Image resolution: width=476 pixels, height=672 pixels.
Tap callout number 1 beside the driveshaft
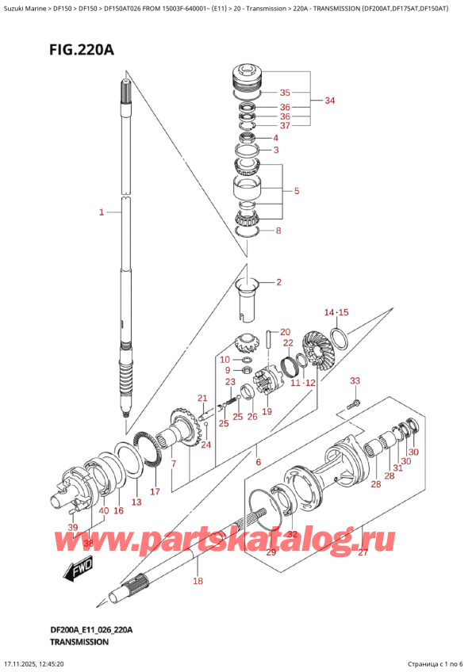(102, 212)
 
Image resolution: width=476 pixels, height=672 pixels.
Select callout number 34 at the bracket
(330, 101)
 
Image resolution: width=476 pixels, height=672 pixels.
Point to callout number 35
(285, 92)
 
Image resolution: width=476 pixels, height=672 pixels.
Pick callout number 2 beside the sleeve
(278, 282)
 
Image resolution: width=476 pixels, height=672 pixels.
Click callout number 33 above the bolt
(355, 381)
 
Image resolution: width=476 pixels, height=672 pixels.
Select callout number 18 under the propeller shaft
(198, 582)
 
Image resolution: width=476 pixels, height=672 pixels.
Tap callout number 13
(136, 502)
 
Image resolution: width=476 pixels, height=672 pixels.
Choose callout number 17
(155, 491)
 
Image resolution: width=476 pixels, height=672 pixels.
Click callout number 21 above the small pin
(202, 398)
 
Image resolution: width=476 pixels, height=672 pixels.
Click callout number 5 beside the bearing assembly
(296, 191)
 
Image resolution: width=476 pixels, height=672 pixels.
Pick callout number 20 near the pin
(286, 332)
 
